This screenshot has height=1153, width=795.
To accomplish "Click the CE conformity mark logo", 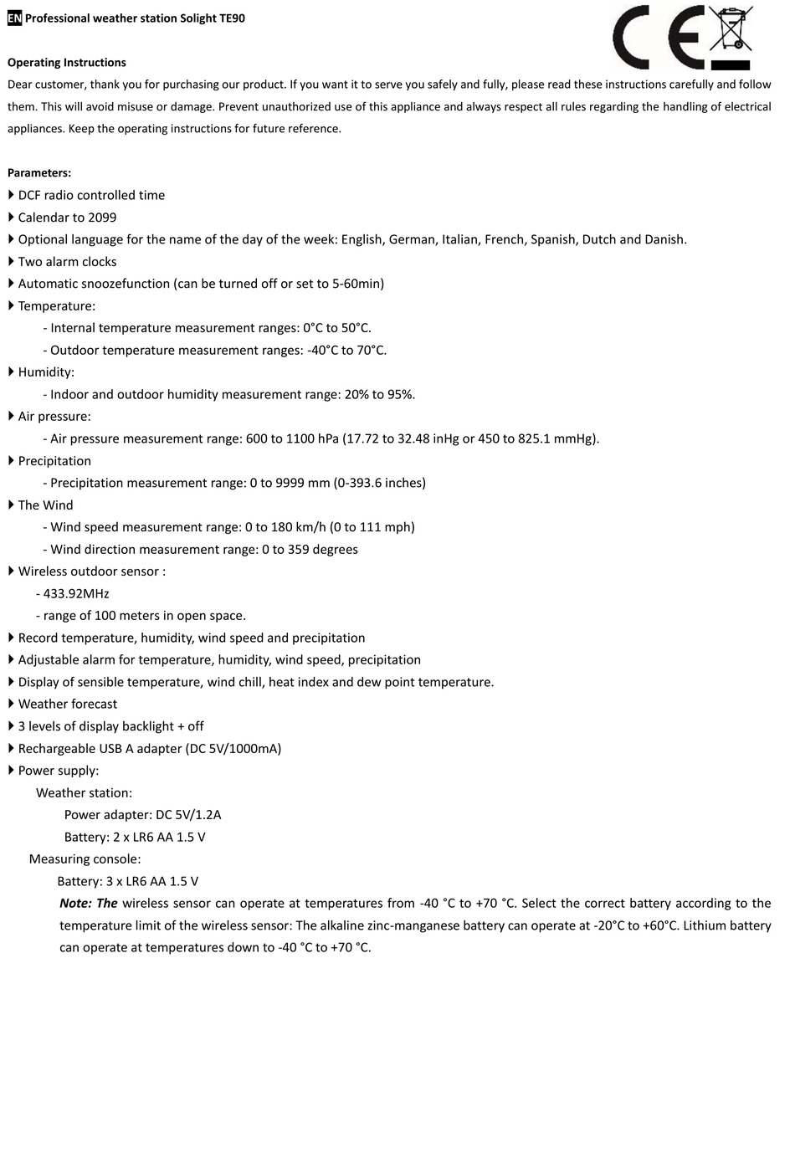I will pos(657,37).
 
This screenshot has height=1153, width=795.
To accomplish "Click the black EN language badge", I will pos(15,18).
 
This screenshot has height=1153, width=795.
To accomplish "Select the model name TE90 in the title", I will pos(232,18).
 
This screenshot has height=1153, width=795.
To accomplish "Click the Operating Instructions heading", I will pos(67,63).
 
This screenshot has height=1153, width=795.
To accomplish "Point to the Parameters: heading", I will pos(39,173).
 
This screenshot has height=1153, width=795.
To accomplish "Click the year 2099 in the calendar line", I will pos(102,218).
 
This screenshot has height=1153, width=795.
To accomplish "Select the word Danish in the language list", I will pos(664,239).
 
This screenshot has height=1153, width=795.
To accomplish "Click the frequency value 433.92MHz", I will pos(76,594).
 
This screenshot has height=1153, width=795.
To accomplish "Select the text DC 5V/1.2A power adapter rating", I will pos(188,815).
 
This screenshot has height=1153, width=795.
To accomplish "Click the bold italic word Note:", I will pos(75,904).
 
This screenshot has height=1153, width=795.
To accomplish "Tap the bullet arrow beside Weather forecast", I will pos(12,704).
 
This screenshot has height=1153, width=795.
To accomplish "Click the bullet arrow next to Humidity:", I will pos(12,372).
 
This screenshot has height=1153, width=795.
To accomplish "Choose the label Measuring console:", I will pos(85,859).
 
